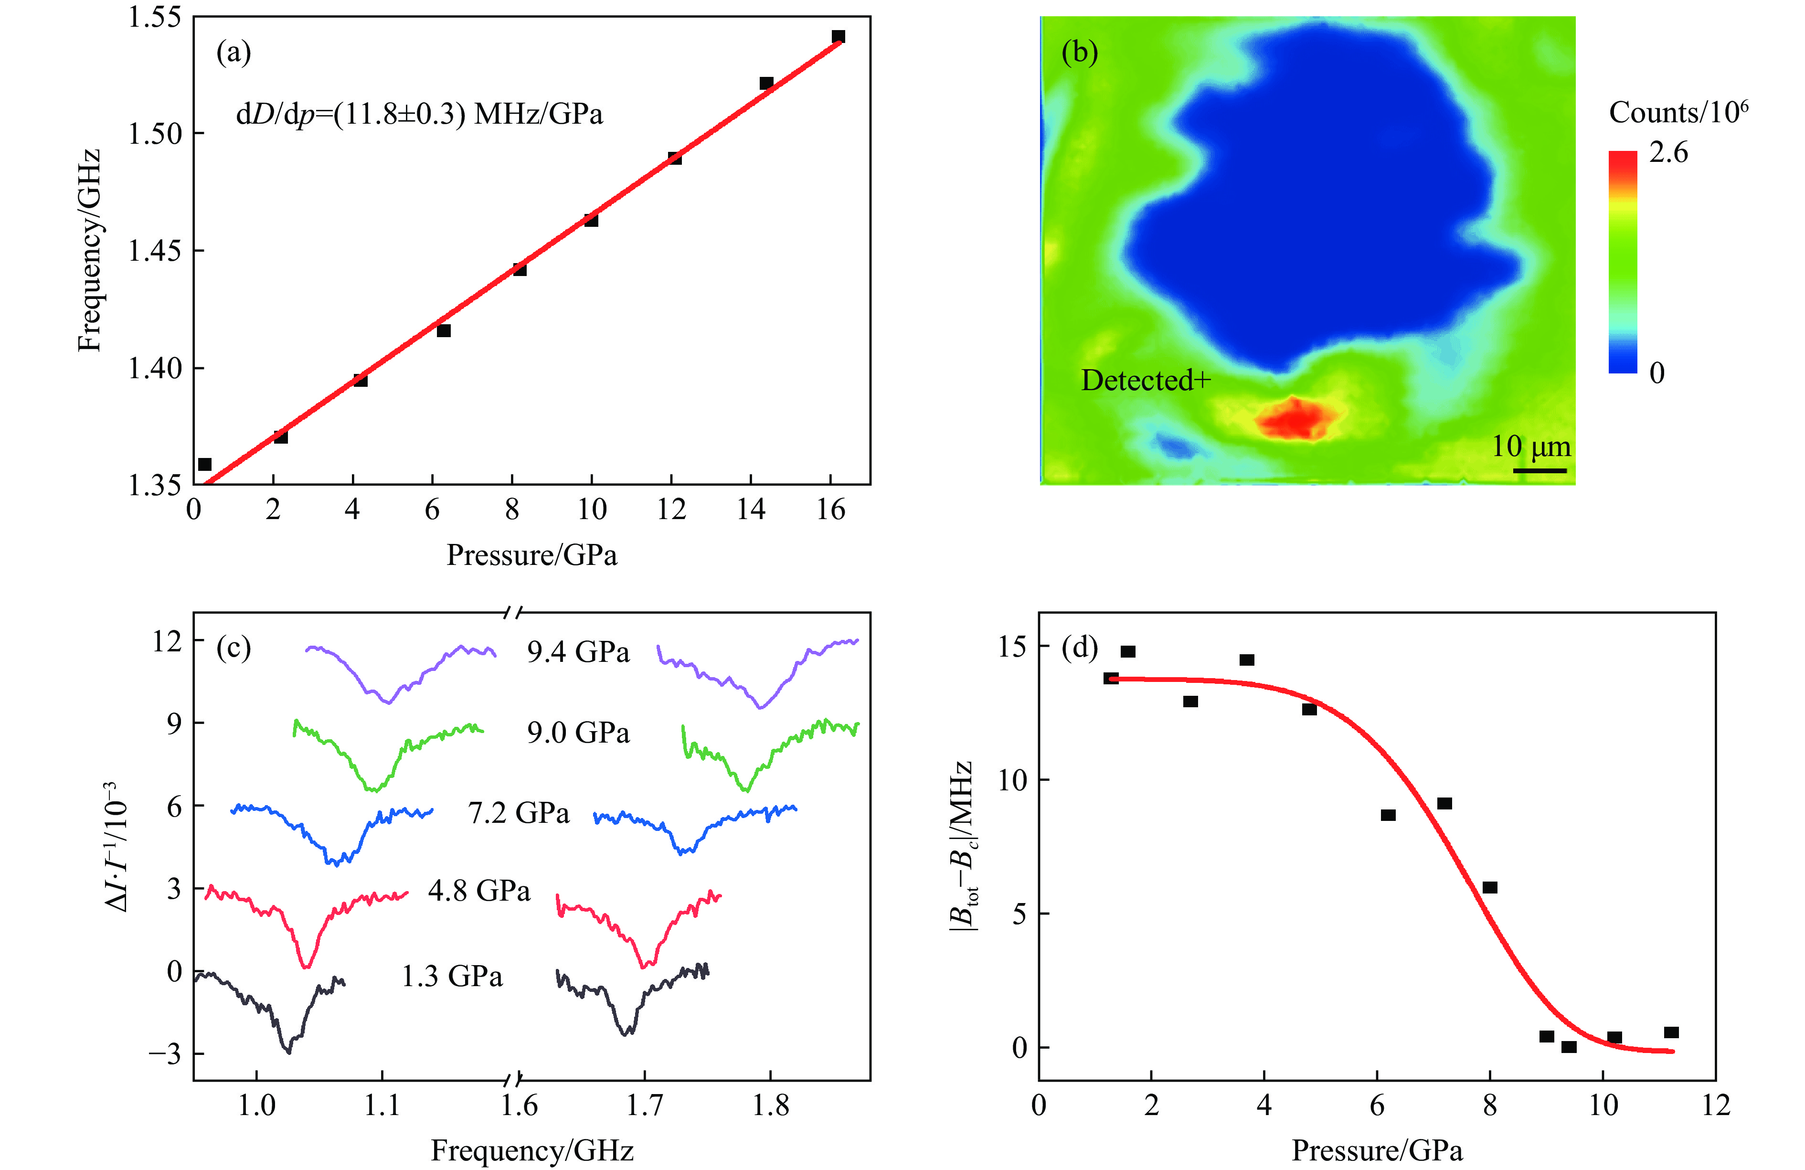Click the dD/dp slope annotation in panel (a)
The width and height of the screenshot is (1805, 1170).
[x=419, y=115]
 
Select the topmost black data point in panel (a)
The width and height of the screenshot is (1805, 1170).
[x=838, y=36]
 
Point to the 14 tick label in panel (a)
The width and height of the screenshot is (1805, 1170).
[x=751, y=510]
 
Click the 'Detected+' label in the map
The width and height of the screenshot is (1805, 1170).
[x=1145, y=380]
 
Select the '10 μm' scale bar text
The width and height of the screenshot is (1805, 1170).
[x=1530, y=447]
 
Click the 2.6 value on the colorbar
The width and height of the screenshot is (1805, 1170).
[x=1668, y=152]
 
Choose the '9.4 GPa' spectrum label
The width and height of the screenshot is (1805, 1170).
[x=578, y=652]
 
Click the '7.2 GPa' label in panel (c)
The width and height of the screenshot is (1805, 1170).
[x=519, y=813]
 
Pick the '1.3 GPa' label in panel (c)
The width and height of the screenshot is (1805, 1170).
[x=452, y=977]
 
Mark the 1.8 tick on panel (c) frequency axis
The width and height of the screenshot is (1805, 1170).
[x=771, y=1106]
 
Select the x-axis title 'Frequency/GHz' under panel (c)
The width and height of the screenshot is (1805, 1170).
[x=531, y=1150]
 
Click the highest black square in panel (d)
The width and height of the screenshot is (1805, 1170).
[x=1128, y=651]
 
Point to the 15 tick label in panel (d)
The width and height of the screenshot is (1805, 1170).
[x=1012, y=646]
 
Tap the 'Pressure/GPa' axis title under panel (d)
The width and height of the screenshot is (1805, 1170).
[x=1377, y=1150]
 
